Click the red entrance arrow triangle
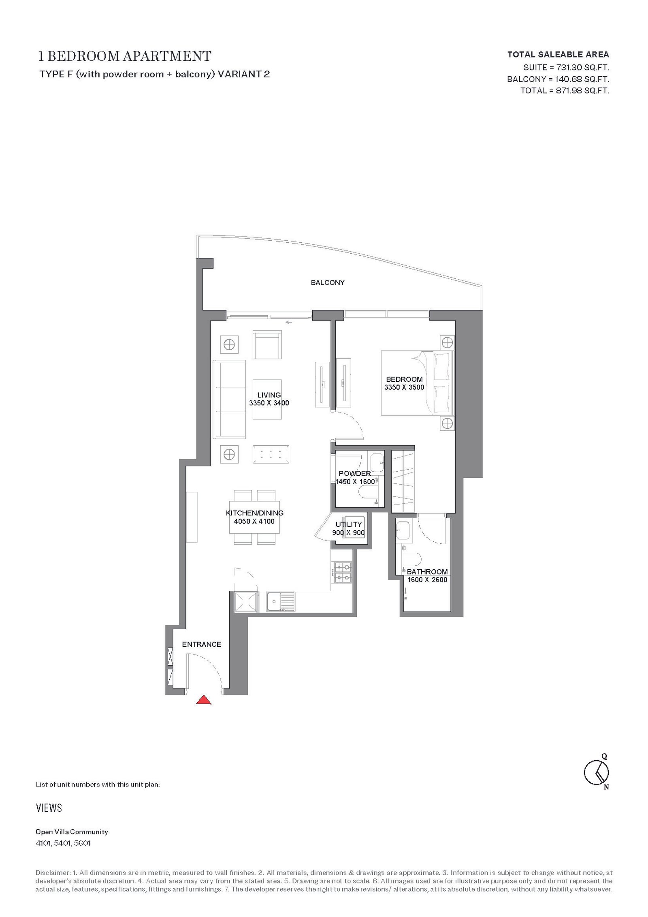(204, 699)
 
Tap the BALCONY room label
(328, 282)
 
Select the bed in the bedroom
(417, 383)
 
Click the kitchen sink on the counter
(280, 602)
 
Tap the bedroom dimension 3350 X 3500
(404, 387)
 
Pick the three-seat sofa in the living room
(230, 400)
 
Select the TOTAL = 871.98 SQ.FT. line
(565, 90)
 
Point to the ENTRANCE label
(201, 644)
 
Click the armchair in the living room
(267, 344)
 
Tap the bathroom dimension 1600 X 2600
(427, 580)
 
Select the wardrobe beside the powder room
(403, 481)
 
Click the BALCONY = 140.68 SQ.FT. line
(558, 79)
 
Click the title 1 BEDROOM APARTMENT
(125, 56)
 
